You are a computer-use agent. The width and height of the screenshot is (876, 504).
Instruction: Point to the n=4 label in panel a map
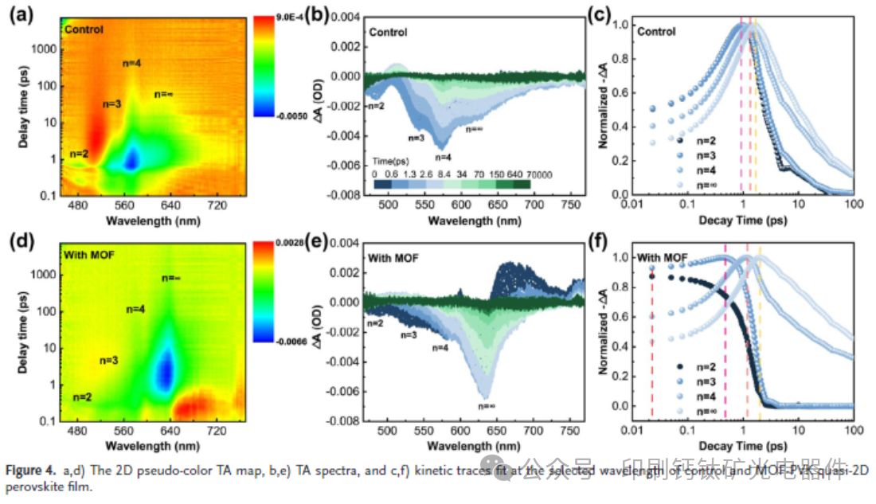132,63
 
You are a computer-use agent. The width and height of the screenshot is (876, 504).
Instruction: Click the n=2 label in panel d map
83,396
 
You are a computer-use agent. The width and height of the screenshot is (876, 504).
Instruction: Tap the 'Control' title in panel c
656,32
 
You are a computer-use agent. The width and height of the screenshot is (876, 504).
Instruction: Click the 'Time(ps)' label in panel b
395,160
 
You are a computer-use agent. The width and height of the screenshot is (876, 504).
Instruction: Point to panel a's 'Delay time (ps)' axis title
22,106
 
